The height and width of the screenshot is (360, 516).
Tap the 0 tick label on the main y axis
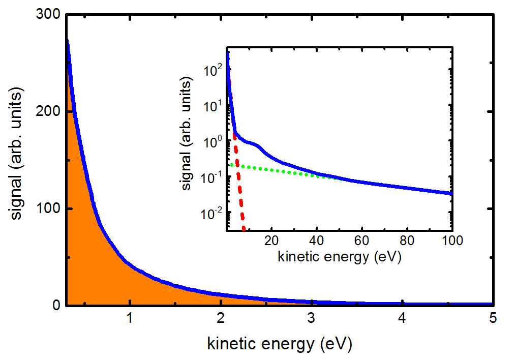(x=56, y=305)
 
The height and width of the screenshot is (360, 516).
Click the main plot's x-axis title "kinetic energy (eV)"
(x=279, y=344)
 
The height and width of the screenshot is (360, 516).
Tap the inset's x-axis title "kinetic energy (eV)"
(x=340, y=257)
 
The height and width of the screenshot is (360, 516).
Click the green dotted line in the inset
(x=275, y=169)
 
